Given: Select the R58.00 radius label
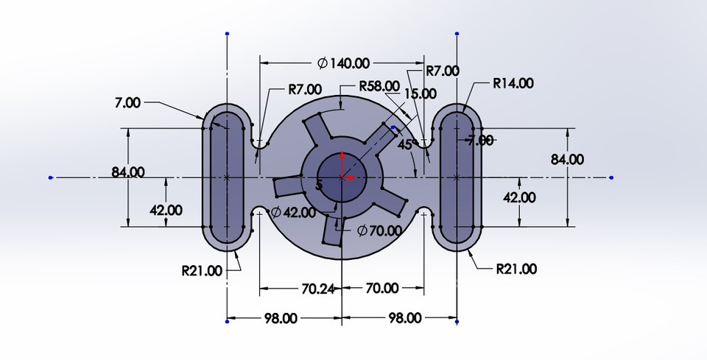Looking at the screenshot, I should (x=379, y=86).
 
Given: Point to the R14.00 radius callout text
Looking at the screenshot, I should (x=513, y=83).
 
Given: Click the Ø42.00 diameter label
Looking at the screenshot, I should (x=293, y=213).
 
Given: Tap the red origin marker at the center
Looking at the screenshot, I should (x=343, y=177).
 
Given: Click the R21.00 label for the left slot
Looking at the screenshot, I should (x=201, y=270).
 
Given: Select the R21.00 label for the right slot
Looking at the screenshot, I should (x=516, y=269).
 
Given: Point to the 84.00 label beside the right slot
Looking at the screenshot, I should (x=567, y=159).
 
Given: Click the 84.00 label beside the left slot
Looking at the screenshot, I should (x=128, y=172).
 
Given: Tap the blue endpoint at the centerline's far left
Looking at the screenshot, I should (x=50, y=177).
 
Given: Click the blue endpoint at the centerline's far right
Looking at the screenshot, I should (x=612, y=177).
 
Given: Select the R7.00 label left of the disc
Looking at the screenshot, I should (x=304, y=90).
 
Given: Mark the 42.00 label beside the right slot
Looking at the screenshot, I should (x=519, y=197).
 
